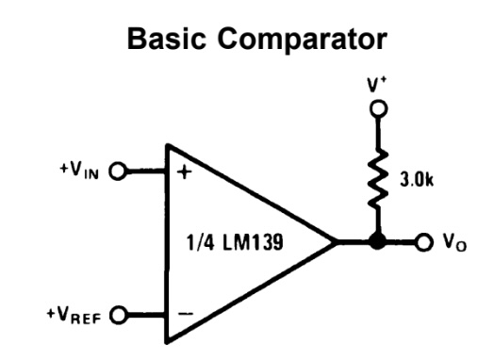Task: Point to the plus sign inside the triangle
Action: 183,172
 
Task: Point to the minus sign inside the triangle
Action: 183,313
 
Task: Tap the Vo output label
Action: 451,243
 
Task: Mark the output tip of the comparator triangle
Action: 338,242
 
